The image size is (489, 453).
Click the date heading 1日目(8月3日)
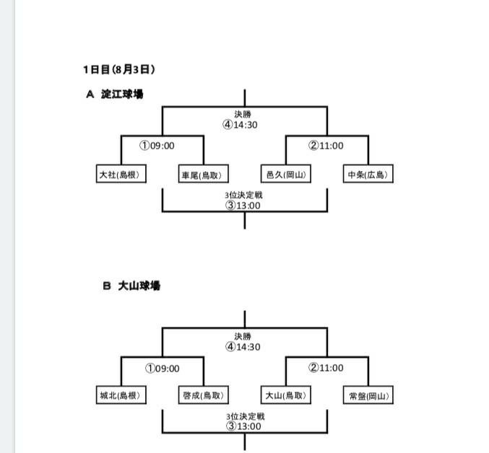[118, 70]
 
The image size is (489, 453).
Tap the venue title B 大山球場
[131, 286]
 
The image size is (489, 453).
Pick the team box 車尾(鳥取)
[203, 175]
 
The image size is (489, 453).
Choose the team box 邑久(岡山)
[286, 175]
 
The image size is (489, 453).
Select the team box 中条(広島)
[368, 175]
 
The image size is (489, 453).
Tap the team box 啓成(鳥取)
[203, 395]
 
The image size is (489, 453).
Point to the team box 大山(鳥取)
[286, 395]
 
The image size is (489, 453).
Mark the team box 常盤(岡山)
[368, 395]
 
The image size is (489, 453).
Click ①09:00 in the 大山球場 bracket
[162, 368]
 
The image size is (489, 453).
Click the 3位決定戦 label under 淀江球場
[245, 195]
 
